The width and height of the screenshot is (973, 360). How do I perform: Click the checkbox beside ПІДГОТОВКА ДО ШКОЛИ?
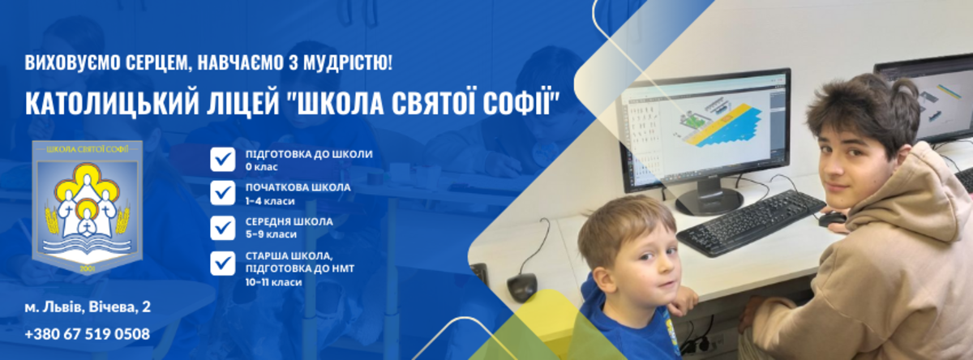(x=222, y=160)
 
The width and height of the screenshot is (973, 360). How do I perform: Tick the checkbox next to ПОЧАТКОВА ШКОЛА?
(x=222, y=193)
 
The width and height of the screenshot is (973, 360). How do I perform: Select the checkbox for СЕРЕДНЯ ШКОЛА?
(x=222, y=227)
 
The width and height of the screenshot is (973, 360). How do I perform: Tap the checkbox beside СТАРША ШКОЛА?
(x=222, y=264)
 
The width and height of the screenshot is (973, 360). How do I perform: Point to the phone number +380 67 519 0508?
(x=87, y=334)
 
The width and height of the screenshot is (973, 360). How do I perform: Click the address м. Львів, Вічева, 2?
(x=88, y=307)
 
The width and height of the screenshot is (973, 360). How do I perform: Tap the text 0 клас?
(x=261, y=167)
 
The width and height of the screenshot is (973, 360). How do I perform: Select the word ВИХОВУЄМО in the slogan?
(x=72, y=62)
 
